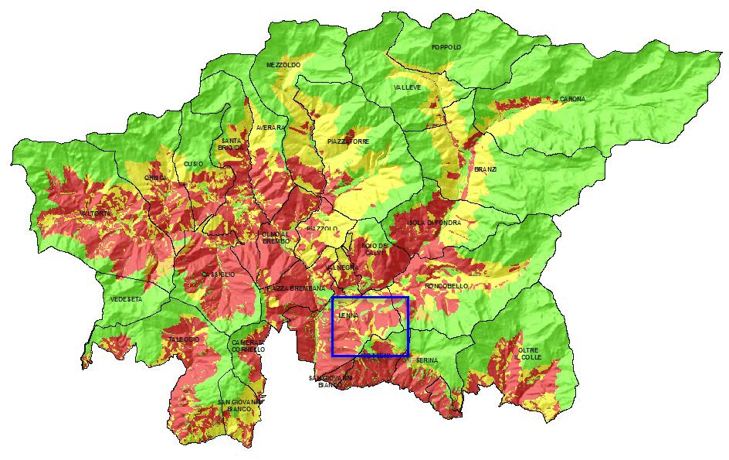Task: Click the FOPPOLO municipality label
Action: [446, 47]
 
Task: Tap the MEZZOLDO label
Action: [283, 65]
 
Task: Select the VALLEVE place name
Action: [408, 88]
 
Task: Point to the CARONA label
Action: [572, 99]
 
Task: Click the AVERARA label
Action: [270, 128]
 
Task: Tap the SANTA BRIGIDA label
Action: [231, 143]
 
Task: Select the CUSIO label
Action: [193, 164]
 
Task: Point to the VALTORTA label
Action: [96, 213]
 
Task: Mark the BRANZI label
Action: [486, 169]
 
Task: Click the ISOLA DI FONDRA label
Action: [434, 223]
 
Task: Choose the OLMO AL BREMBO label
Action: [276, 237]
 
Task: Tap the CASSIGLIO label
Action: [218, 274]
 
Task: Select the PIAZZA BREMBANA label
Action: [291, 288]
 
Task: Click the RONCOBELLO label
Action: [446, 286]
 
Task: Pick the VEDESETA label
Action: [126, 299]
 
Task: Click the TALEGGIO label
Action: [185, 339]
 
